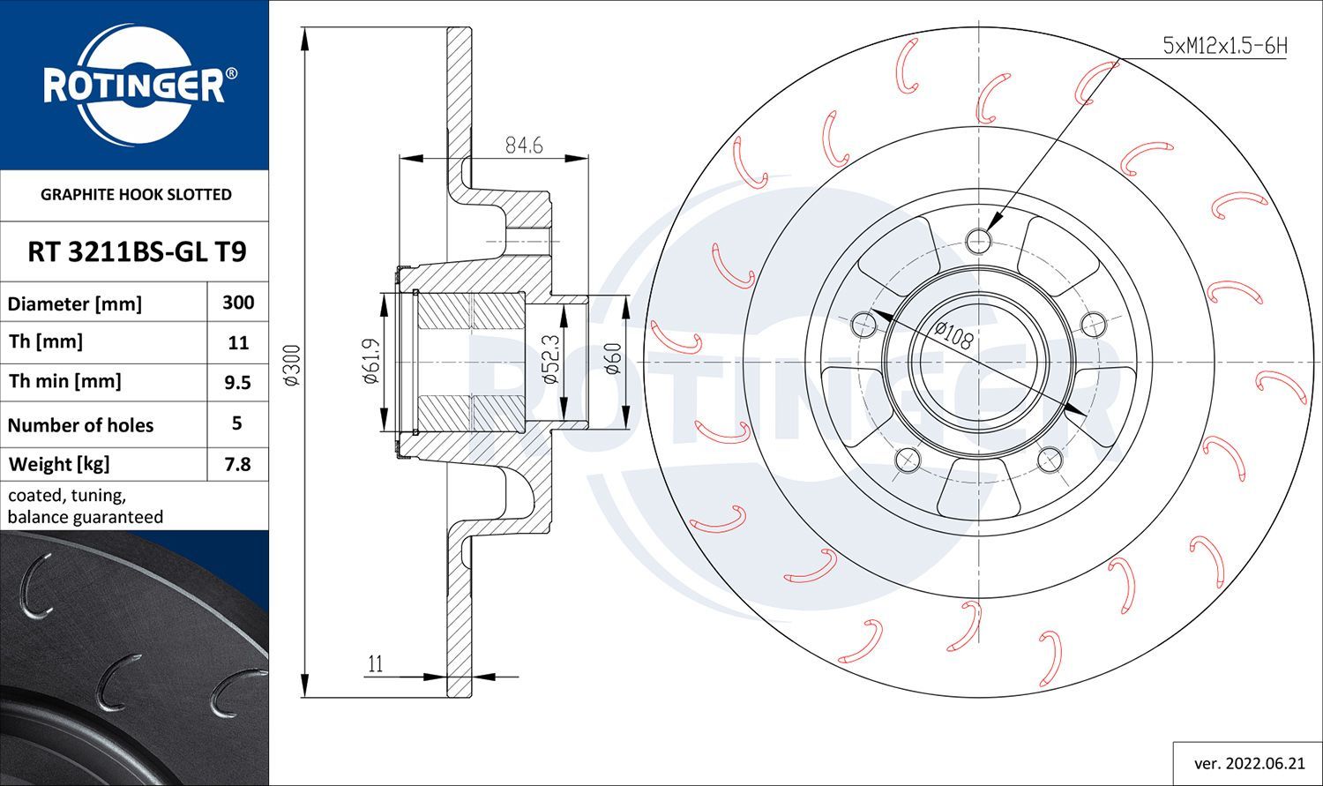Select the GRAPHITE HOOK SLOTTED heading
point(136,194)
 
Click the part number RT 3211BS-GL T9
point(137,252)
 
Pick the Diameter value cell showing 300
point(238,303)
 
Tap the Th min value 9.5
point(238,382)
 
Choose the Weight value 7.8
point(238,464)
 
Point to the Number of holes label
point(80,425)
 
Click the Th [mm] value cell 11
point(238,342)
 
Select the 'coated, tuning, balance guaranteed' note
point(86,506)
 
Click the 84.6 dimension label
point(523,146)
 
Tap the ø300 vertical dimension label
point(295,364)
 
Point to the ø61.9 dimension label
point(370,362)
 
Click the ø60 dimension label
point(614,359)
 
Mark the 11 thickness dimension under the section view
point(376,664)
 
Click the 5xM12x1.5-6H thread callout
point(1225,46)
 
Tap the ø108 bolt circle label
point(953,335)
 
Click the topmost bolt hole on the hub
point(978,239)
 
